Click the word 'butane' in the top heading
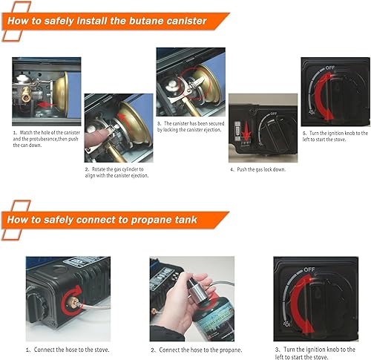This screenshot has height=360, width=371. [x=143, y=20]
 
